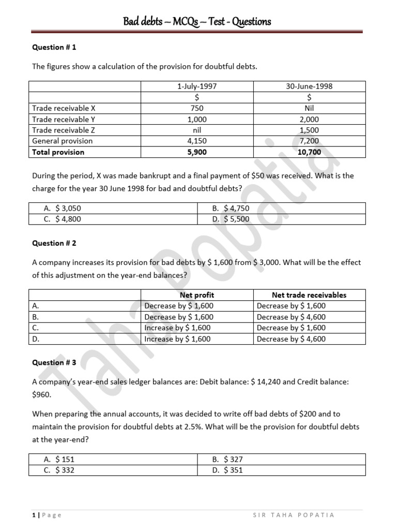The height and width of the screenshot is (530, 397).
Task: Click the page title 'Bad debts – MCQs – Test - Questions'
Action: (197, 21)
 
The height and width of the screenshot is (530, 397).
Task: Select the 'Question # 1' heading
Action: (54, 47)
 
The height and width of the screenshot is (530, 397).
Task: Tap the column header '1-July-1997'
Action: (197, 86)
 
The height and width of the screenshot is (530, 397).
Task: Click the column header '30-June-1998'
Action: (310, 86)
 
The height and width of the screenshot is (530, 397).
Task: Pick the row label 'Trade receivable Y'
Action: (64, 119)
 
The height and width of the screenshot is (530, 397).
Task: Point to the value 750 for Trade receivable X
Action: (197, 108)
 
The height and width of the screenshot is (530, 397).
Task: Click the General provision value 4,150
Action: (197, 141)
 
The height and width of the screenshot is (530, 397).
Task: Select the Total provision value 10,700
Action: (310, 152)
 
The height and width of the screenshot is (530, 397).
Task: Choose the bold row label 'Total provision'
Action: (58, 152)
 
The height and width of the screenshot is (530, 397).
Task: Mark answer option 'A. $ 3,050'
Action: (63, 208)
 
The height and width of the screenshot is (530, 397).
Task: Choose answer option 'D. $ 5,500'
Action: (231, 219)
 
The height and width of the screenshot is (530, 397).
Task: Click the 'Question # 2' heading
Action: (54, 243)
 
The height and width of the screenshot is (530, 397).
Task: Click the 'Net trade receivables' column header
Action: (309, 295)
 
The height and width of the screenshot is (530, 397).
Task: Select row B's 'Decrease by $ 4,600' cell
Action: (291, 317)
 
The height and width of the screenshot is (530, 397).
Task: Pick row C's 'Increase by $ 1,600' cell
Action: (178, 328)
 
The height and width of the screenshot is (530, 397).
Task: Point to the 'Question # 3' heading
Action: (54, 362)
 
